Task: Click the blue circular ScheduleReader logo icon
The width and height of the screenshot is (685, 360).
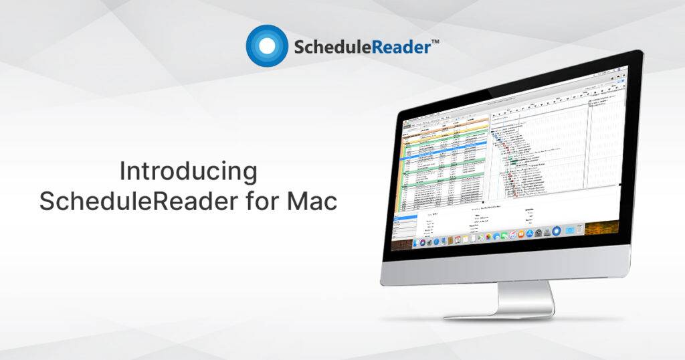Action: [x=266, y=46]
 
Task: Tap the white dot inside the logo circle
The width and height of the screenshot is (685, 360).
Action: [x=266, y=46]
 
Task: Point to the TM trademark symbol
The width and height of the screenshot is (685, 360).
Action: [x=435, y=41]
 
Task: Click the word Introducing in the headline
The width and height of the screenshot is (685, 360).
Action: [x=188, y=171]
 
